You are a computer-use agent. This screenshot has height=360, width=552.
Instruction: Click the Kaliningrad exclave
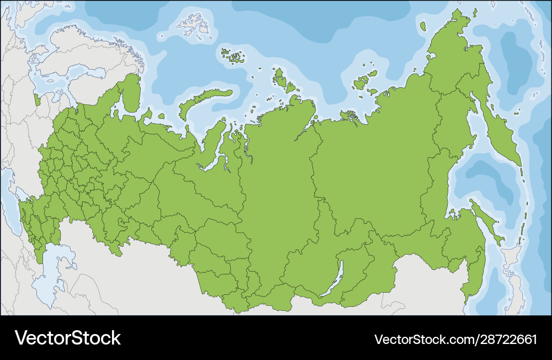[x=37, y=100]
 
